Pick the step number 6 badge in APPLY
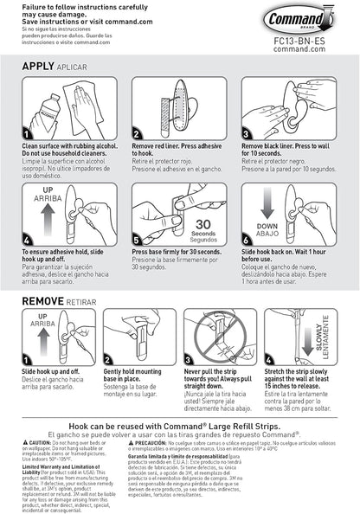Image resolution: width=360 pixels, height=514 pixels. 247,238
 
